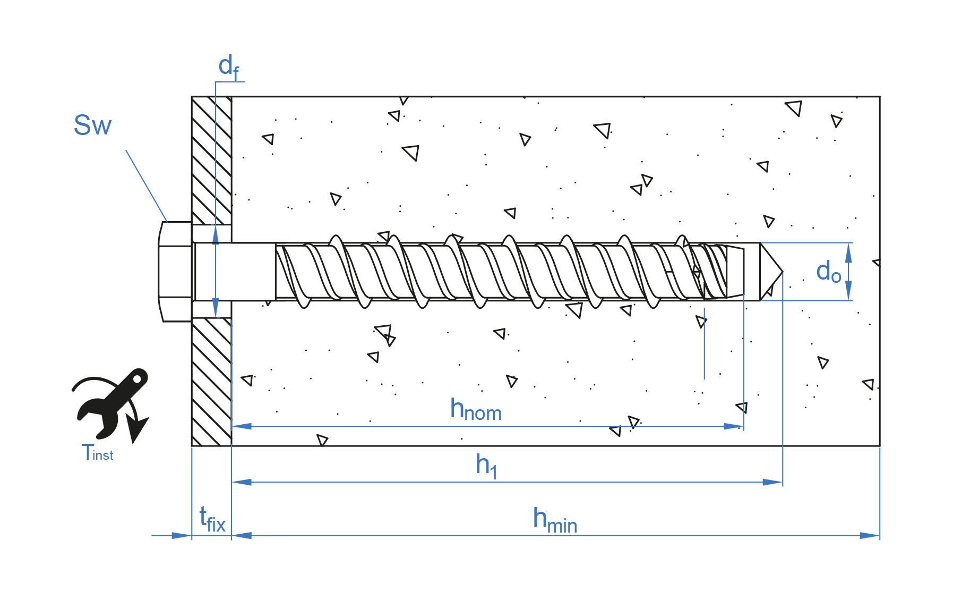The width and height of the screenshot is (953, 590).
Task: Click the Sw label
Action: point(92,126)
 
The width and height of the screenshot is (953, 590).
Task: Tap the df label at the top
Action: point(228,67)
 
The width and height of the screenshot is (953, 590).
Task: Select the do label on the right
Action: point(828,272)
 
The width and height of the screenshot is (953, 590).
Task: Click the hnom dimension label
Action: point(475,410)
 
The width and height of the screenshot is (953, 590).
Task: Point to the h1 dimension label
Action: point(486,466)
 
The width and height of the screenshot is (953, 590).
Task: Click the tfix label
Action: point(212,519)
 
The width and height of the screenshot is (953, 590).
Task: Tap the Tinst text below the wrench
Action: point(97,453)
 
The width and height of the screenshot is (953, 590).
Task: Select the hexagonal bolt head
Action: point(175,272)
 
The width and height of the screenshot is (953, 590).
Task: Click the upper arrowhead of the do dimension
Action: point(848,252)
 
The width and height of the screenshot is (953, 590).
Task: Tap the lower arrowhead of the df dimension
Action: point(216,308)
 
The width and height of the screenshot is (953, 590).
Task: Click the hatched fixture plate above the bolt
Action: point(211,159)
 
